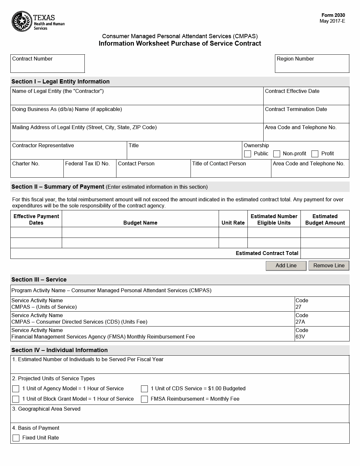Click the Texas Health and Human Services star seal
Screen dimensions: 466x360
tap(21, 21)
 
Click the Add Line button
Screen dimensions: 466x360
tap(286, 266)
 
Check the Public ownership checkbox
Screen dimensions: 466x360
tap(248, 154)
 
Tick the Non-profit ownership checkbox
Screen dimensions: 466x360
tap(277, 154)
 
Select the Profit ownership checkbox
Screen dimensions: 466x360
tap(315, 154)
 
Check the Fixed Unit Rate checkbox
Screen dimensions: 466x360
tap(16, 438)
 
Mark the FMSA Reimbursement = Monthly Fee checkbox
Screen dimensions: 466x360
tap(145, 399)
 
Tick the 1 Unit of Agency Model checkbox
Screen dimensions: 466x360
tap(16, 389)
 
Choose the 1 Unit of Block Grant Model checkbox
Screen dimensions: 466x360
tap(16, 399)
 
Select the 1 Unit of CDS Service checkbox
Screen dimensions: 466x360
tap(145, 389)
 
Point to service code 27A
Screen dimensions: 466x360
tap(300, 322)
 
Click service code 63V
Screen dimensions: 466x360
tap(300, 337)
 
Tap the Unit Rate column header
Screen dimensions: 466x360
tap(233, 223)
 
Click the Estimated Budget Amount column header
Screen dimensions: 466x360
tap(325, 219)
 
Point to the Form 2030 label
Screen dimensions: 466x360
tap(333, 15)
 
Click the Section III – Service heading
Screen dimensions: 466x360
tap(39, 280)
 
